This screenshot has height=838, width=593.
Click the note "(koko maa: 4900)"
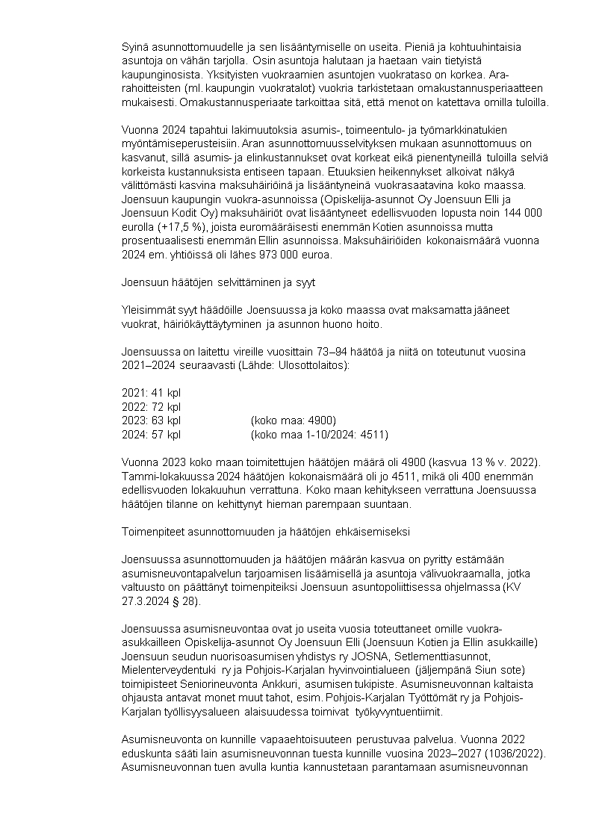pos(294,420)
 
